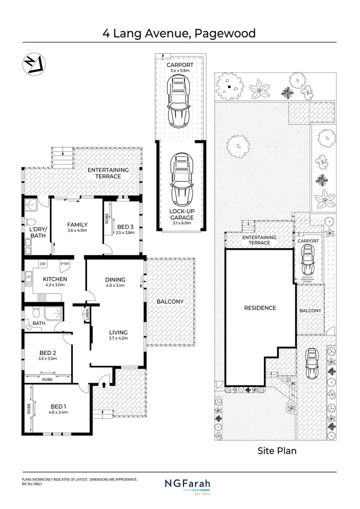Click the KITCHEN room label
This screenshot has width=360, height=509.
pos(55,279)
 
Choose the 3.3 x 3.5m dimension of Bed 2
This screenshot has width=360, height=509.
pos(48,358)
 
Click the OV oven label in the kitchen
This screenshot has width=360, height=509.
pos(42,263)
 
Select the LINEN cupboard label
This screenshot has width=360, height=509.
pos(87,316)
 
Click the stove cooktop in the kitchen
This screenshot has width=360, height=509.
pos(41,297)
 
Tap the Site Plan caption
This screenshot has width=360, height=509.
pos(277,450)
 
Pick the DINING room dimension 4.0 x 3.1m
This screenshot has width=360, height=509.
pos(115,285)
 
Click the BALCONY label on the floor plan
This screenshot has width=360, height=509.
pos(170,302)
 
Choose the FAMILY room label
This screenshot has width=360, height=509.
pos(77,225)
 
